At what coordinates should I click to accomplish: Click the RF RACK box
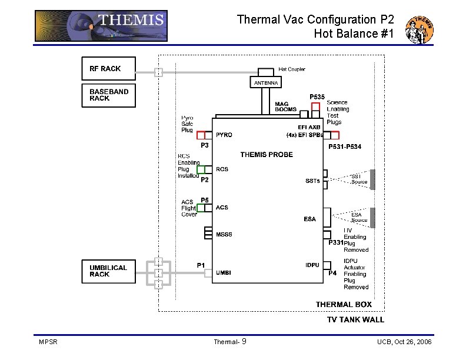coord(108,69)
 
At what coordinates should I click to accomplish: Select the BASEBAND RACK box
coord(108,95)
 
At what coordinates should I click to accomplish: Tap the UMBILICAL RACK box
coord(108,271)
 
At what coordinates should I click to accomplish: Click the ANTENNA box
coord(266,83)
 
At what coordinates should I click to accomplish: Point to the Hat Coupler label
coord(292,69)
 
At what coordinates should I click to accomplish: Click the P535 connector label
coord(318,97)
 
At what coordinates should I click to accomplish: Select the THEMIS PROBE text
coord(267,155)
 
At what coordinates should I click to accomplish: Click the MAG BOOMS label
coord(286,107)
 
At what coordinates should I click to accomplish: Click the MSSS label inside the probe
coord(224,235)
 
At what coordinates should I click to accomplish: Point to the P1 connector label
coord(201,265)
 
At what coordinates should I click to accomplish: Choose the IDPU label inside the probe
coord(313,265)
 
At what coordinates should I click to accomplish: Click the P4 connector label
coord(332,274)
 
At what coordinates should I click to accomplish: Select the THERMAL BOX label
coord(344,304)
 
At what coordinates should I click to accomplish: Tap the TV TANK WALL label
coord(355,320)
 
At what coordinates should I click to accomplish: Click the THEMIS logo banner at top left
coord(101,26)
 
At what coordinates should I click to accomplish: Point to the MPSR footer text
coord(48,342)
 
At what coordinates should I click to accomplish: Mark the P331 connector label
coord(336,242)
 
